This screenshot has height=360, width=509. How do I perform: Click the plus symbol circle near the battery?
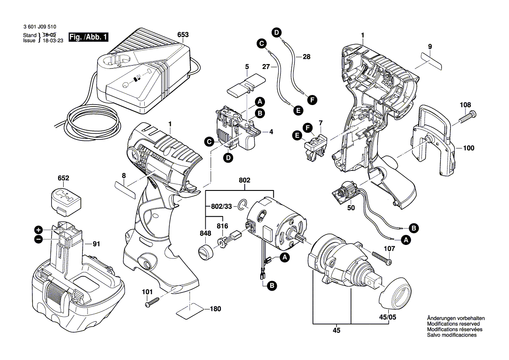tap(38, 230)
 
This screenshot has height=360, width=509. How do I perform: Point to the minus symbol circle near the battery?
tap(38, 239)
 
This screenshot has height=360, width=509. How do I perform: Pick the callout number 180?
tap(215, 309)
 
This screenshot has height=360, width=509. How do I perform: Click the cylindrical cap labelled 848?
tap(205, 253)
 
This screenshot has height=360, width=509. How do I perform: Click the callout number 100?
tap(468, 148)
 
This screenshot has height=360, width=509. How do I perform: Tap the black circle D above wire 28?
tap(276, 31)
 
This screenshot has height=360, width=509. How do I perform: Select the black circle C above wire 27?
tap(261, 44)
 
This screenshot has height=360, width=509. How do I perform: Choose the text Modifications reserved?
tap(453, 324)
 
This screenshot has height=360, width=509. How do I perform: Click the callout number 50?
tap(351, 208)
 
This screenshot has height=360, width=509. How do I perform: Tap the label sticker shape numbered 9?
tap(428, 61)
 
